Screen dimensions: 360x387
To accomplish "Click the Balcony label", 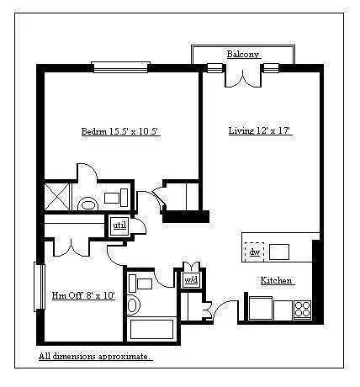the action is [243, 54].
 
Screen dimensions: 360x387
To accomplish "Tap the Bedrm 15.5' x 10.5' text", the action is [120, 131].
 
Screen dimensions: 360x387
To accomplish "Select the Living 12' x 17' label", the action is [260, 130].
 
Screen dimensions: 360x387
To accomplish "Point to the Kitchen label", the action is [276, 280].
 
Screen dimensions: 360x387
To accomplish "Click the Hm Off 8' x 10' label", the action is [83, 295].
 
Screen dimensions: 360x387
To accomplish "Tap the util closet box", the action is [119, 225].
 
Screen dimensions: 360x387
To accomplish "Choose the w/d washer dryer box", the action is [192, 280].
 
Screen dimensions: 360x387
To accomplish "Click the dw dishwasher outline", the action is [255, 252].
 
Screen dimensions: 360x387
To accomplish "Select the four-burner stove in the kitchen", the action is [302, 310].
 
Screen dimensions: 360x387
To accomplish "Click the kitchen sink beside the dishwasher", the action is [279, 252].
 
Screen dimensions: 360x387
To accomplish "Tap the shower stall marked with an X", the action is [57, 196].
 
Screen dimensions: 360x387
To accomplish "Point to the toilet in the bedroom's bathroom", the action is [88, 204].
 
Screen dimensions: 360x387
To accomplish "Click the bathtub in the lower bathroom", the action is [151, 329].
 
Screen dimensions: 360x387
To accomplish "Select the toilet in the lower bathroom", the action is [134, 305].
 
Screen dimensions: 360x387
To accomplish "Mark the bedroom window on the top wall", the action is [120, 67].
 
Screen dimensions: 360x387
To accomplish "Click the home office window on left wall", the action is [40, 286].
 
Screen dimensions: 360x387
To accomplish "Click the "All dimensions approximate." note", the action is [96, 357].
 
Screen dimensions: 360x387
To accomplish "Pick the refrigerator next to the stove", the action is [261, 308].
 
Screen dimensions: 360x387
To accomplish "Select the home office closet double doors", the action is [71, 247].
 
